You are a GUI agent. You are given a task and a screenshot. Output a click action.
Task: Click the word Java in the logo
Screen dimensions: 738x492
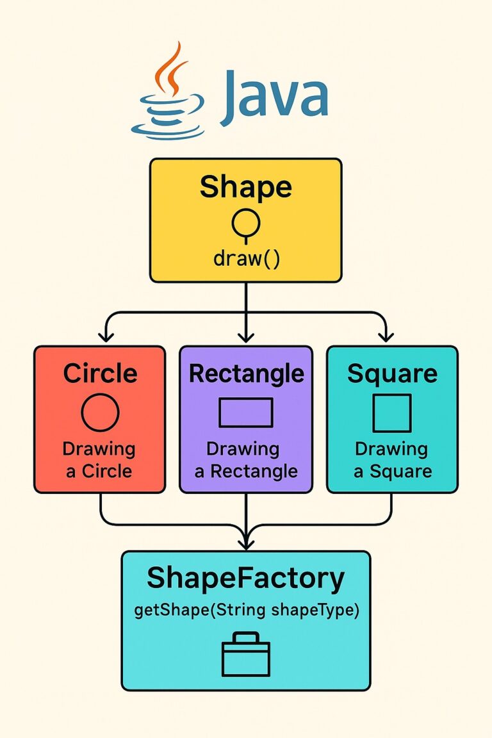click(x=274, y=100)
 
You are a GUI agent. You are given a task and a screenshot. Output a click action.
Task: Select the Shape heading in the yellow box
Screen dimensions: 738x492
click(x=245, y=187)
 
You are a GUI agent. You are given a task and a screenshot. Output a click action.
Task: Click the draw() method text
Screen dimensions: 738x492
click(x=246, y=259)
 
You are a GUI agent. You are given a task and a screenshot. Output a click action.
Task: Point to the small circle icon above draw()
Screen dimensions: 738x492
click(x=246, y=224)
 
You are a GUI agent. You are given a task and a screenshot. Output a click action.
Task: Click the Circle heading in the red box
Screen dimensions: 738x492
click(x=100, y=373)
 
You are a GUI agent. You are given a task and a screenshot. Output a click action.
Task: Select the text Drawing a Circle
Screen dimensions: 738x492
click(x=99, y=460)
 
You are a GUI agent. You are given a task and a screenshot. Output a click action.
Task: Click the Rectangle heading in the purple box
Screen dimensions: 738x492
click(x=246, y=373)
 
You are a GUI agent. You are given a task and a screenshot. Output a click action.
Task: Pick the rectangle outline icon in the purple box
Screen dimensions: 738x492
click(x=246, y=413)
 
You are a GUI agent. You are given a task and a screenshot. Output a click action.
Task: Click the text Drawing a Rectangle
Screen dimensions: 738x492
click(x=246, y=460)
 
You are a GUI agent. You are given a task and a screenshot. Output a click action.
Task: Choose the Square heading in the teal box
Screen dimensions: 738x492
click(x=392, y=373)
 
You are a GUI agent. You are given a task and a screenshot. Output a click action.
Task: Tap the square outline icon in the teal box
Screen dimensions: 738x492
click(x=392, y=413)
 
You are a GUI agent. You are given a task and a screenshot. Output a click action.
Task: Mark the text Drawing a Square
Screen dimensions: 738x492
click(x=392, y=460)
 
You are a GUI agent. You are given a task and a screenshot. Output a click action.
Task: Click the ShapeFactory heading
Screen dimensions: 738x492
click(x=245, y=578)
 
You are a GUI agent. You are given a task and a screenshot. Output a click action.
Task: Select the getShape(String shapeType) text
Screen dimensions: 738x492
click(x=247, y=610)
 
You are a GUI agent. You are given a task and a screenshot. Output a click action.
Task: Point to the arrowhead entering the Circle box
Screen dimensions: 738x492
click(x=106, y=337)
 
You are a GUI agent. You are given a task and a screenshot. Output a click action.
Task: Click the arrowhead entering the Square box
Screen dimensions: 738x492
click(x=385, y=337)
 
